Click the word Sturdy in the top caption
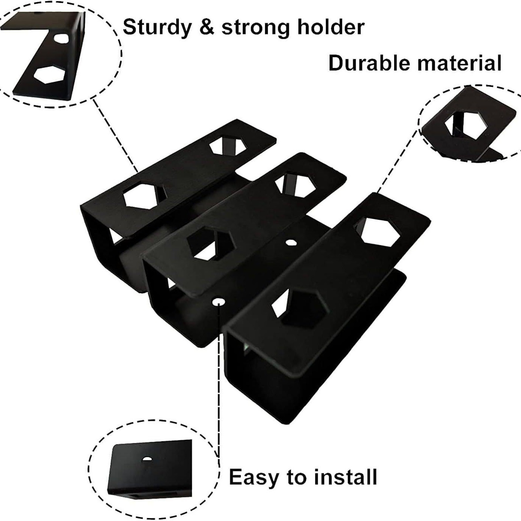(157, 28)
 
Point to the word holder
(330, 27)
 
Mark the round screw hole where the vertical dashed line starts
(218, 302)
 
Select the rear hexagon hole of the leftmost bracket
(228, 146)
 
